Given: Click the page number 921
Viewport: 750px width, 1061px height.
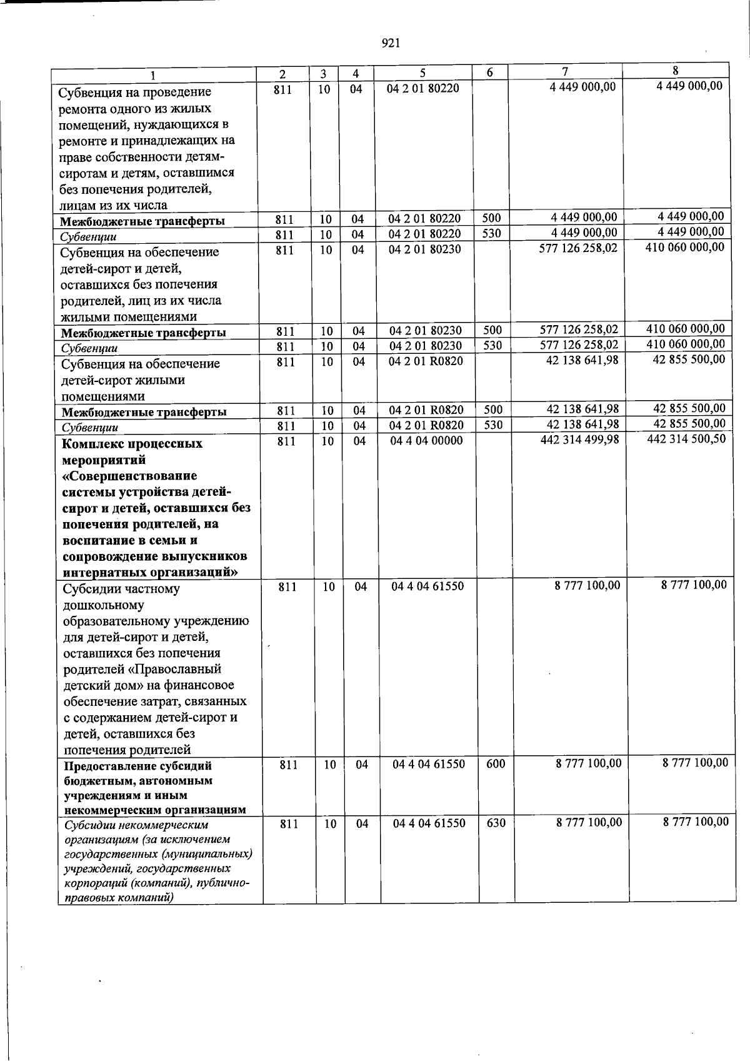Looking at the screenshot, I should pos(390,43).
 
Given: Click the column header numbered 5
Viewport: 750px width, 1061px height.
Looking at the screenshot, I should pos(422,73).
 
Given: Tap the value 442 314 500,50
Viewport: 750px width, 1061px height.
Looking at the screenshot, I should pos(686,439).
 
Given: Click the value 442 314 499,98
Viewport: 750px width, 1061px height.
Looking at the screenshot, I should pos(579,440).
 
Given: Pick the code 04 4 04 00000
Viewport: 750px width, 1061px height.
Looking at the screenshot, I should pos(426,441).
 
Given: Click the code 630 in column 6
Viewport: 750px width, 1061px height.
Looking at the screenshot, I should pos(496,823).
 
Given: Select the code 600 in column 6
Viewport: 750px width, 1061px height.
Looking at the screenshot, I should pos(496,763).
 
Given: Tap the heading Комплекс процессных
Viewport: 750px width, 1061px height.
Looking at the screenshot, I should pos(132,444).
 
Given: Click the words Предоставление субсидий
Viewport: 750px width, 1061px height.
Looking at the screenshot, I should pos(137,766).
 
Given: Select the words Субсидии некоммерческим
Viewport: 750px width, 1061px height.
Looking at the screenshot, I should pos(136,825).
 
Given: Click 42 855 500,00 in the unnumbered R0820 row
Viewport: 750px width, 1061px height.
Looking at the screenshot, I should pos(689,359).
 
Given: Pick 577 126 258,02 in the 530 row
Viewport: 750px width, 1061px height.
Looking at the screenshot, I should pos(579,344).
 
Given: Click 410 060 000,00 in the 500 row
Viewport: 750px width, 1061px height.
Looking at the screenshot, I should pos(686,328).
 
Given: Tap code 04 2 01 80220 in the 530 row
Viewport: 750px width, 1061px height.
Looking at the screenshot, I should pos(424,234).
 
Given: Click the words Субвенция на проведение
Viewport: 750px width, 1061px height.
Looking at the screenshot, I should pos(134,93).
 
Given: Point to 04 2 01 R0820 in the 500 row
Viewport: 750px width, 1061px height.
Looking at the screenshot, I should pos(426,410).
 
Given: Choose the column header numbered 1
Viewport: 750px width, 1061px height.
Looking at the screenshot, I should pos(154,76).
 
